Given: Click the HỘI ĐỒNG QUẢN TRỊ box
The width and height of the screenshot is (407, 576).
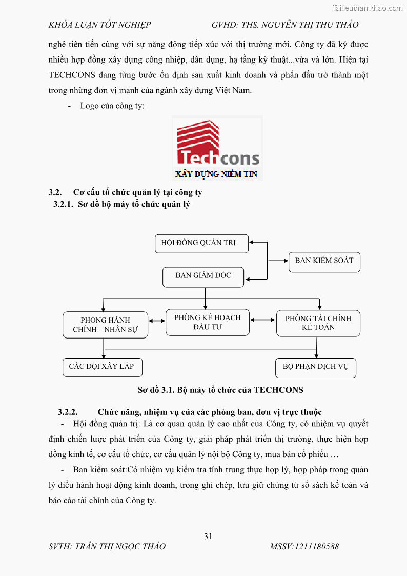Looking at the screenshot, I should (x=201, y=244).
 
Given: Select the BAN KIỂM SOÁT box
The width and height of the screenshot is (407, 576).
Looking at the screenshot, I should (x=324, y=261).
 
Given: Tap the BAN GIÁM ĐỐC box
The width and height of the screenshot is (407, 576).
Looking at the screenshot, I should (x=203, y=276).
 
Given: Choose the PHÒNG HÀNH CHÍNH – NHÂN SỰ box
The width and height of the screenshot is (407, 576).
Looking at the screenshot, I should (x=105, y=325).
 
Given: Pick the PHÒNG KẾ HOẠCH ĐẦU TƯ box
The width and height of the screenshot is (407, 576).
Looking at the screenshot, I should (x=208, y=322).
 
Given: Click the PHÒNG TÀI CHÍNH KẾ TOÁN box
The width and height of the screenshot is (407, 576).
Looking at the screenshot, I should (x=318, y=323).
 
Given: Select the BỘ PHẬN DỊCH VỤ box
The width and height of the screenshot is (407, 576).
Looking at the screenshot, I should (x=316, y=368).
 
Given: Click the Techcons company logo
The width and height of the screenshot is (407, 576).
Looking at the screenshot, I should (x=217, y=143).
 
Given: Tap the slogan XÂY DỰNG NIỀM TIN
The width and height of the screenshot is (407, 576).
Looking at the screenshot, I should (x=216, y=174).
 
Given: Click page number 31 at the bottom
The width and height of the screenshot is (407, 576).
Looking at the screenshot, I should (x=208, y=537).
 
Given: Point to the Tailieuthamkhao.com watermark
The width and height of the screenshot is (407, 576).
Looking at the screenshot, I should (x=368, y=8).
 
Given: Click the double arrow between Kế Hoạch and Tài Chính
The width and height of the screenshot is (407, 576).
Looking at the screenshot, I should (x=262, y=320).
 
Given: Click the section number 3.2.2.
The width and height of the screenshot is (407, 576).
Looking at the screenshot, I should (x=68, y=412).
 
